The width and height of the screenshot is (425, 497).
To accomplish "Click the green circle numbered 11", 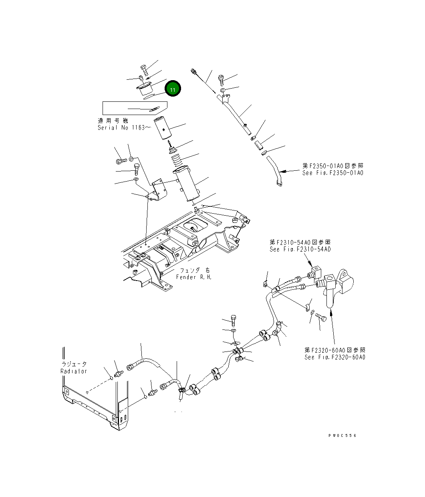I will [x=172, y=89].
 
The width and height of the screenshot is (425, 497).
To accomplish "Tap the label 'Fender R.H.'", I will [x=194, y=277].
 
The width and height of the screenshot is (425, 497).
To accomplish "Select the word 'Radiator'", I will [x=74, y=371].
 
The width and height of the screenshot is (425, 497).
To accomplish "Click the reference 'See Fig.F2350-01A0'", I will [x=333, y=173].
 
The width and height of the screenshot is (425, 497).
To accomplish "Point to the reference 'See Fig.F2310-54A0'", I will [x=300, y=249].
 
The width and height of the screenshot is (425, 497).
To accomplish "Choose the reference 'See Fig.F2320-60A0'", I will [x=334, y=357].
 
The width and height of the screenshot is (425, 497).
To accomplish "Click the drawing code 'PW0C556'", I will [x=341, y=436].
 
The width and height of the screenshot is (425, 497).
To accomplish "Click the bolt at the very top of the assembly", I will [x=144, y=70].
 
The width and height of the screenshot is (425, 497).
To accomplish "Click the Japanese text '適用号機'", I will [x=113, y=120].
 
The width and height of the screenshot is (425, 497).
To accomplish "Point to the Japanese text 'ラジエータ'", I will [x=74, y=364].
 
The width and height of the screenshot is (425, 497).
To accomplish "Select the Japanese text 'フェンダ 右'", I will [x=194, y=270].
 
